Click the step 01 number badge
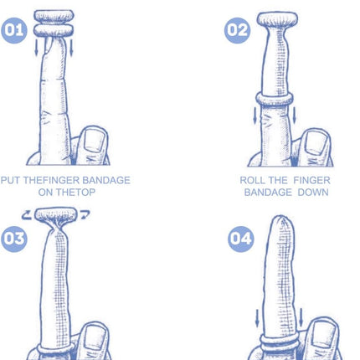(14, 30)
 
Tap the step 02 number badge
(237, 30)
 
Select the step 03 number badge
(14, 239)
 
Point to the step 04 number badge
(241, 239)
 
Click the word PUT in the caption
(10, 180)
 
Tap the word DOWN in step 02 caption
(313, 193)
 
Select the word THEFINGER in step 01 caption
(51, 180)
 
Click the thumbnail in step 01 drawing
(95, 140)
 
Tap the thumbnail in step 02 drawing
(316, 142)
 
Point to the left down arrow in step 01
(36, 48)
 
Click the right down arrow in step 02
(294, 116)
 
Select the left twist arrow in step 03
(27, 215)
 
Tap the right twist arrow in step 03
(85, 215)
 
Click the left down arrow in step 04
(257, 317)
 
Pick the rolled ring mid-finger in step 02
(275, 100)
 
